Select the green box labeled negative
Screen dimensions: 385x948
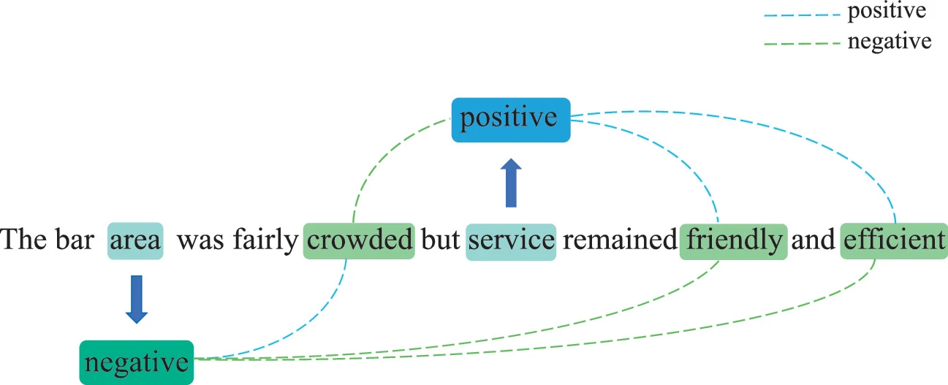pos(136,362)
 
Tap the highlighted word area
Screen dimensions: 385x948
pos(135,240)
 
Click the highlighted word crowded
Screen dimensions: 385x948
pos(359,240)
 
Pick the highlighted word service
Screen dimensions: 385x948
pos(511,240)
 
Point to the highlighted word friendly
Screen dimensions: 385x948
pos(733,240)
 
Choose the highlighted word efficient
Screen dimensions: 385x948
pos(893,240)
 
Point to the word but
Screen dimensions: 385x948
pos(440,240)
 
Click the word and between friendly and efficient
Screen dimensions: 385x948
pos(813,240)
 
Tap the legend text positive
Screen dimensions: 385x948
pos(885,11)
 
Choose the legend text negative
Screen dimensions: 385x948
pos(889,41)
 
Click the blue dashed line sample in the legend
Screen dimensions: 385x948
pos(800,13)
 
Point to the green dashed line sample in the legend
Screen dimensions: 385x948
pos(800,44)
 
